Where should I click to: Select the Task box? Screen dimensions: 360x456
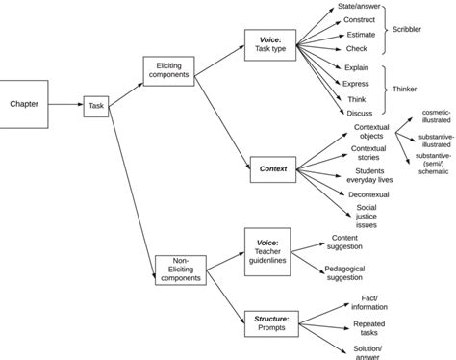pyautogui.click(x=96, y=106)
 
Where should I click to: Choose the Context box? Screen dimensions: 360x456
pyautogui.click(x=272, y=168)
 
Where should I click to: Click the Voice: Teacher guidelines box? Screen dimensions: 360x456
pyautogui.click(x=267, y=250)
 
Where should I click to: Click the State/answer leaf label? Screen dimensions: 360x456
pyautogui.click(x=361, y=6)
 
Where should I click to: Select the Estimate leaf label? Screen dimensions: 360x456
pyautogui.click(x=360, y=35)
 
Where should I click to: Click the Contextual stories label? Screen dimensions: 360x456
pyautogui.click(x=367, y=154)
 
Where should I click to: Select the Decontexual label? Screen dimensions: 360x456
pyautogui.click(x=367, y=194)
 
